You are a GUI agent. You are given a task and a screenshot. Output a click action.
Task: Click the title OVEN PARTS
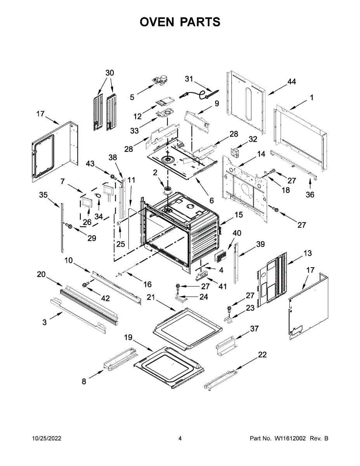coord(180,22)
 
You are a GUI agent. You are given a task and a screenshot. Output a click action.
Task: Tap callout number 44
coord(291,82)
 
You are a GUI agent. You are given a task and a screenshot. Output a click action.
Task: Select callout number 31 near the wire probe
coord(189,79)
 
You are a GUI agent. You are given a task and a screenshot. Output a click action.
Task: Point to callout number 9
coord(217,103)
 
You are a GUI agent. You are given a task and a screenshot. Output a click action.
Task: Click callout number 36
coord(310,195)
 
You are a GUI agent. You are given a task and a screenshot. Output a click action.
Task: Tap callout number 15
coord(238,214)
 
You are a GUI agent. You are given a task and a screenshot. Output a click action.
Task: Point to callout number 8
coord(84,381)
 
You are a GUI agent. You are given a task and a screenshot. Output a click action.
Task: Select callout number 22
coord(263,355)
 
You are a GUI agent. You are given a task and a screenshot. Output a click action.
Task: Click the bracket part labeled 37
coord(226,345)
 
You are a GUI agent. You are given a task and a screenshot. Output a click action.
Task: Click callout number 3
coord(45,322)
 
